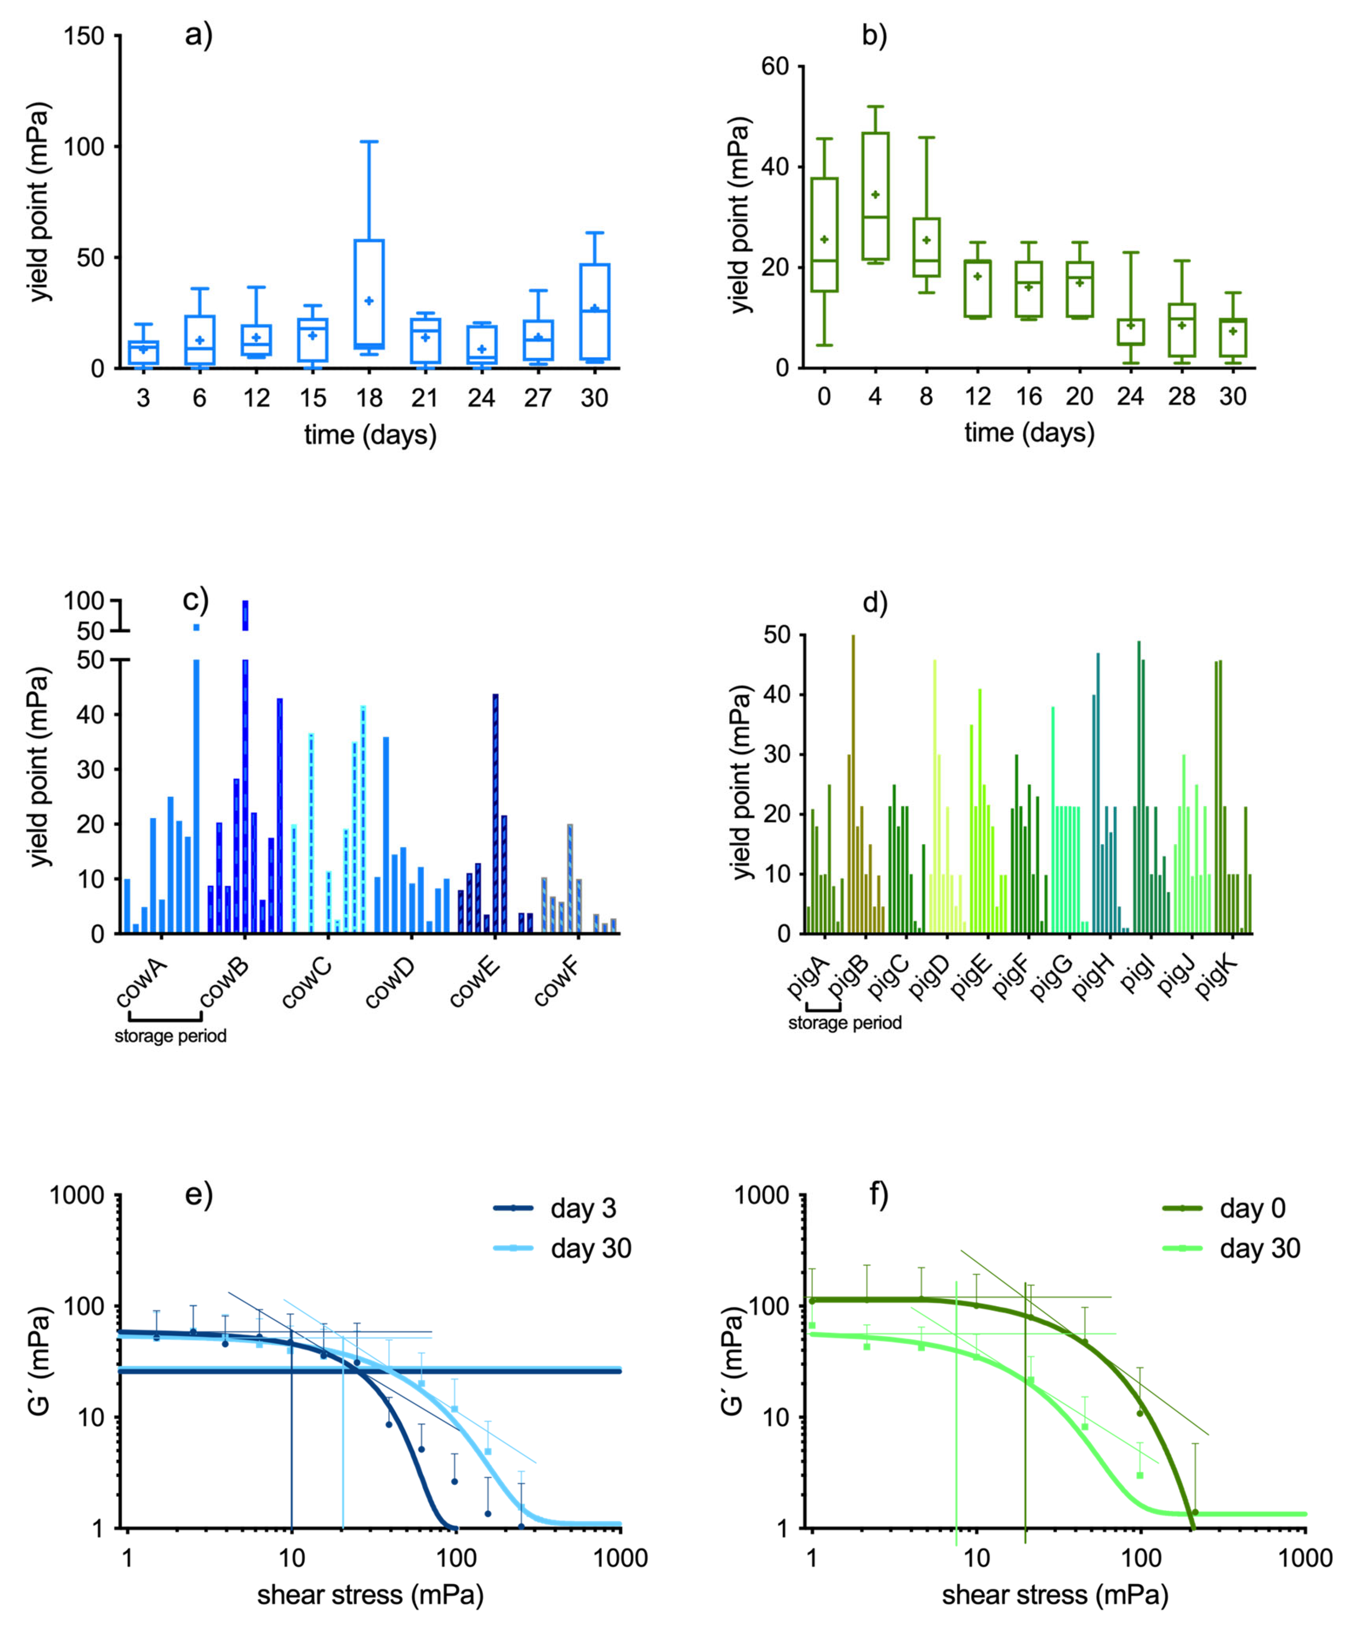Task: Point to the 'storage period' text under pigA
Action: [844, 1023]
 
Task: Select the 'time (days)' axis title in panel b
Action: [1028, 432]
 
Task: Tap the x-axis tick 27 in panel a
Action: [537, 398]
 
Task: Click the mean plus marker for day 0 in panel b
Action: [824, 239]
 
